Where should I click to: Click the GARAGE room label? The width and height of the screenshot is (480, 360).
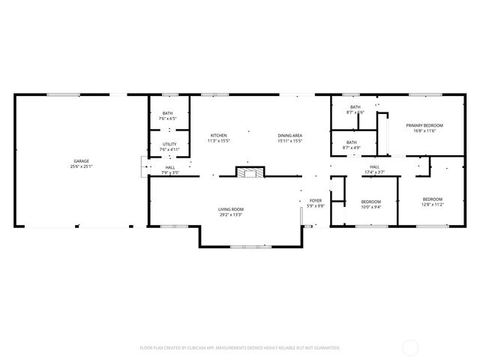(x=81, y=161)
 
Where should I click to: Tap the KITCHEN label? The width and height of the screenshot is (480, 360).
(x=218, y=135)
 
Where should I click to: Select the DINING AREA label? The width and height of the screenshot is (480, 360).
(x=289, y=135)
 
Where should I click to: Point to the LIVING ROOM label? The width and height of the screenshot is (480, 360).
(x=231, y=209)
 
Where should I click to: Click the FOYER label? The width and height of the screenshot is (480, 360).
(x=316, y=201)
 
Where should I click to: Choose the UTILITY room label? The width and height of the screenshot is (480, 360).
(x=169, y=144)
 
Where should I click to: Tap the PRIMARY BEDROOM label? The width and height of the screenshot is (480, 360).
(x=424, y=124)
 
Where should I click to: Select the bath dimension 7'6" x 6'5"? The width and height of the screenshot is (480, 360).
(x=167, y=118)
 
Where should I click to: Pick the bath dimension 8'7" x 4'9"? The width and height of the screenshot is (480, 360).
(x=351, y=147)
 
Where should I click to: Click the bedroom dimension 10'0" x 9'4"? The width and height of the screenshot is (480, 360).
(x=371, y=207)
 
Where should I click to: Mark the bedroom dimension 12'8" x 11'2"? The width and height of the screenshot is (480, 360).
(x=433, y=204)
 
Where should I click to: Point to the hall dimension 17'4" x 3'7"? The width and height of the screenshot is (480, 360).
(x=373, y=172)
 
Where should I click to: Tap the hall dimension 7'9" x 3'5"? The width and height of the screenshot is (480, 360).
(x=171, y=172)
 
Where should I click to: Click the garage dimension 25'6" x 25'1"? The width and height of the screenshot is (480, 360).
(x=81, y=166)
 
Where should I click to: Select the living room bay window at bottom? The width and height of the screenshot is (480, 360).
(x=250, y=246)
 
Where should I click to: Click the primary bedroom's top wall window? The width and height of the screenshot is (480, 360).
(x=419, y=94)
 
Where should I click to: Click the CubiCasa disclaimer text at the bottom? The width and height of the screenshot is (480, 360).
(x=240, y=348)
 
